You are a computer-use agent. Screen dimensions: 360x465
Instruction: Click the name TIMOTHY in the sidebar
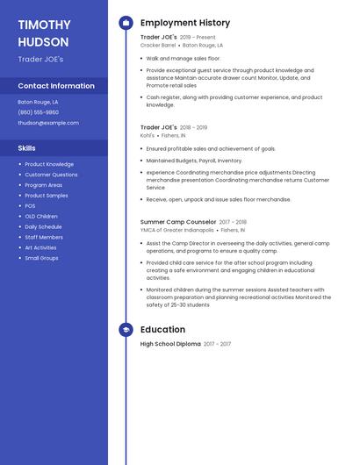coord(44,25)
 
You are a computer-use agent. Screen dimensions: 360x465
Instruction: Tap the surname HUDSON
coord(42,41)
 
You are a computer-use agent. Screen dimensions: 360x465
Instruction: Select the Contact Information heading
coord(56,86)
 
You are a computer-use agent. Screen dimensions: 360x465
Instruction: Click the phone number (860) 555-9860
coord(39,112)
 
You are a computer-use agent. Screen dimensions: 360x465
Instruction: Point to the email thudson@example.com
coord(48,123)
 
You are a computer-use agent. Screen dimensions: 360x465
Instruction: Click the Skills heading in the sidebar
coord(27,148)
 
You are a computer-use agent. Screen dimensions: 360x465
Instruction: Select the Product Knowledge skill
coord(49,164)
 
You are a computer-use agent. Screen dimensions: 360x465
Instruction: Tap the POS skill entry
coord(30,206)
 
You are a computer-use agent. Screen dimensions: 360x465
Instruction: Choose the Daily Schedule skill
coord(43,226)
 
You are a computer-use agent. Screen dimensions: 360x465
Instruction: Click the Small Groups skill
coord(41,258)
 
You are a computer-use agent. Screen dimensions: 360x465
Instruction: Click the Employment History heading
coord(185,23)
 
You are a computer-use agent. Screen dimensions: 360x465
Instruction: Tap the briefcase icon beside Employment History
coord(126,23)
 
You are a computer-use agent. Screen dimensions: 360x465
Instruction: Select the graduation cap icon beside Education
coord(126,330)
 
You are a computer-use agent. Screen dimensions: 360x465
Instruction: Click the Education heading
coord(162,330)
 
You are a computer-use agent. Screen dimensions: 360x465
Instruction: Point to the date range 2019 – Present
coord(198,38)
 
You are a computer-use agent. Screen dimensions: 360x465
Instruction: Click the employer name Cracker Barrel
coord(159,45)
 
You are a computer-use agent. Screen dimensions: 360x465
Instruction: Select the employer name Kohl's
coord(148,135)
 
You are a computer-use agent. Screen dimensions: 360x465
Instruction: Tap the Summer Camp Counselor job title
coord(178,222)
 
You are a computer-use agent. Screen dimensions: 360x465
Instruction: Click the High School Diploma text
coord(170,344)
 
